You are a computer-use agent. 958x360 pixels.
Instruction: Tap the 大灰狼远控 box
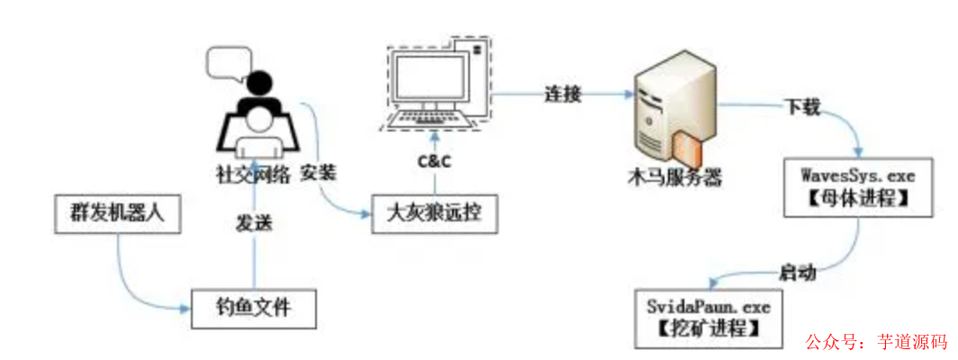tap(434, 214)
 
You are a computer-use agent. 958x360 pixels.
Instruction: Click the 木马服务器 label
tap(676, 177)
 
